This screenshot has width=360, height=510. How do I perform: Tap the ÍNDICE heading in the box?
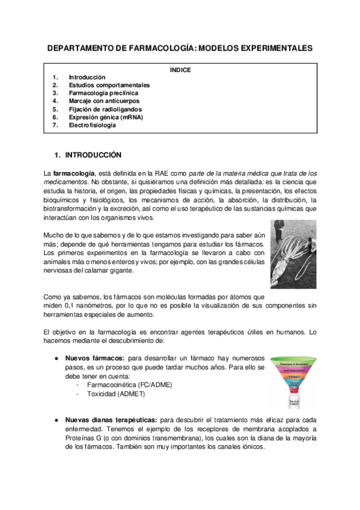[x=180, y=70]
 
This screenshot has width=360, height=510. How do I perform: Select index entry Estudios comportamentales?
[x=109, y=85]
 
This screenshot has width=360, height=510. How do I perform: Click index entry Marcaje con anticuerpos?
[x=105, y=102]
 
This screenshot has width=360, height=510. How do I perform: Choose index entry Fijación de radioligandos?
[x=105, y=109]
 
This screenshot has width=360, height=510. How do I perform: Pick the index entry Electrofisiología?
[x=96, y=126]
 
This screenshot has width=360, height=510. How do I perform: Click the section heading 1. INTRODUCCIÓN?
[x=88, y=155]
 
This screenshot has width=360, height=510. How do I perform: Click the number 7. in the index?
[x=55, y=126]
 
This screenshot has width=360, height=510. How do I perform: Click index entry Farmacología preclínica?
[x=103, y=93]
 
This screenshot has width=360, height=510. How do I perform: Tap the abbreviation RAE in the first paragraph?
[x=147, y=173]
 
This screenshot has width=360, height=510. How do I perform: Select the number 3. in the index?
[x=55, y=93]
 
